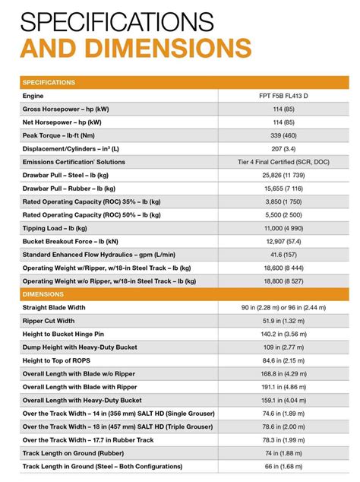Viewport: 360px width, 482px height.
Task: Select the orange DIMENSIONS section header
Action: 43,293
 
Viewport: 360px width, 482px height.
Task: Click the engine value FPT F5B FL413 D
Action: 283,96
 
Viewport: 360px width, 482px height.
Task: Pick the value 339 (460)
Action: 283,135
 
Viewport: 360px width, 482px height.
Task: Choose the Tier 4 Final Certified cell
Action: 283,162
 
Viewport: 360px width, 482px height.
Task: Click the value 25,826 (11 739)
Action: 283,175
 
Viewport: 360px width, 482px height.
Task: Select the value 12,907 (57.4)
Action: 283,241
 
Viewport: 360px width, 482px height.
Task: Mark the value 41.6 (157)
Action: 283,254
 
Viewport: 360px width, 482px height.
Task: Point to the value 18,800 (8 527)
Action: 283,281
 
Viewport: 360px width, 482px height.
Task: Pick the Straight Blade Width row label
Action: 65,307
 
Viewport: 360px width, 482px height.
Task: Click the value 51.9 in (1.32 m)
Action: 283,320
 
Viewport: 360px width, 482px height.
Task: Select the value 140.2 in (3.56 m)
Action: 283,334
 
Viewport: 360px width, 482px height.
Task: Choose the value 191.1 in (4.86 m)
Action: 283,386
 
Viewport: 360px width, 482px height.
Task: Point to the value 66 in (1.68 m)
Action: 283,465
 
